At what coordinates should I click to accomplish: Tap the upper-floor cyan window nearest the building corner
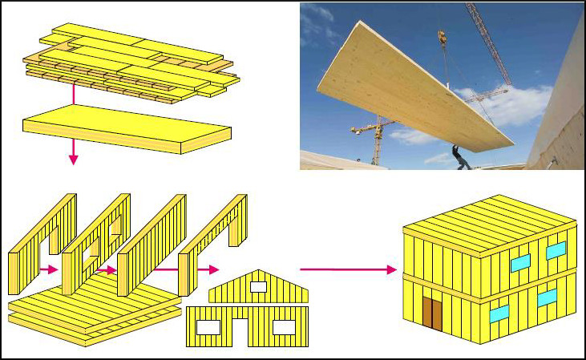pos(520,261)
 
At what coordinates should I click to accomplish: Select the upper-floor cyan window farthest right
pos(556,250)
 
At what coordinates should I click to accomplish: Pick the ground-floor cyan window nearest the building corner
pos(499,312)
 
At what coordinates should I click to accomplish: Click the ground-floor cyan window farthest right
pos(547,297)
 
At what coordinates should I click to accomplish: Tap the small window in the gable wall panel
pos(258,285)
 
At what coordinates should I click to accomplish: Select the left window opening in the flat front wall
pos(207,327)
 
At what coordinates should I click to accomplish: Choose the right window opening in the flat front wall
pos(283,327)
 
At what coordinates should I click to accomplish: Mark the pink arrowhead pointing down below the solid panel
pos(73,159)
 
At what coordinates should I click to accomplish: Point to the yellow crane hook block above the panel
pos(442,37)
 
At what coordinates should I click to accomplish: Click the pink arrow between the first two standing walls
pos(49,269)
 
